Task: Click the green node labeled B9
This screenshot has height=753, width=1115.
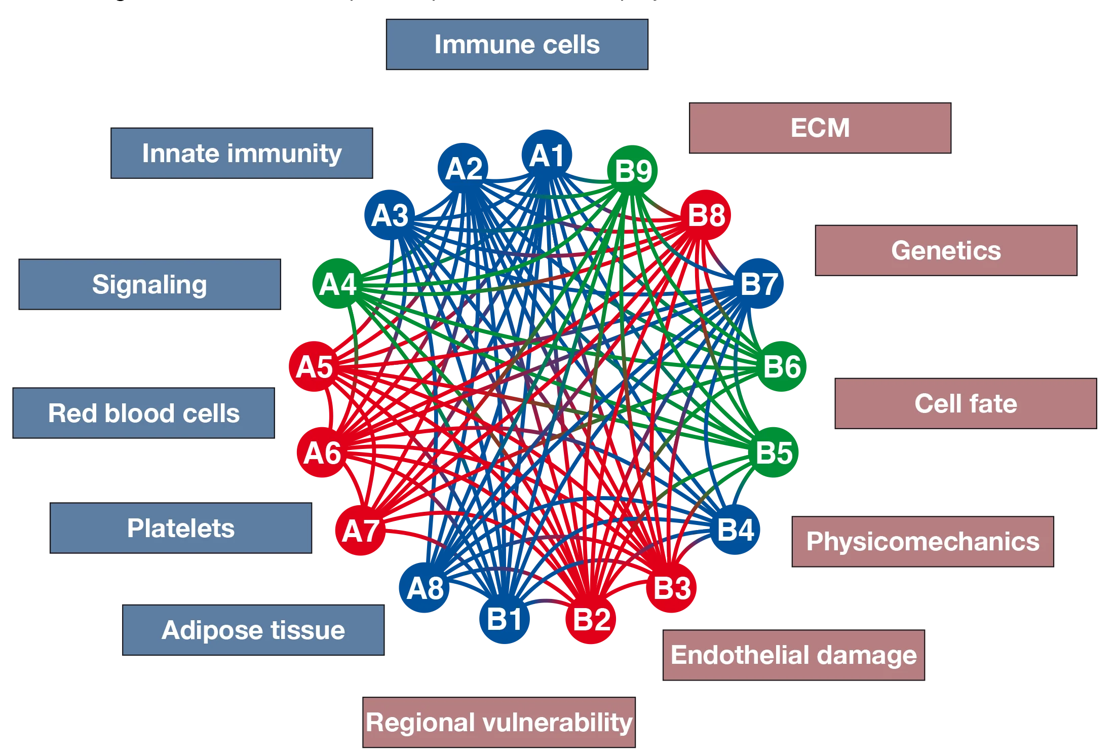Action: tap(633, 170)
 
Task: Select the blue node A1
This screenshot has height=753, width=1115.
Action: tap(547, 155)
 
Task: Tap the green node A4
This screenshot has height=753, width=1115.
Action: tap(338, 284)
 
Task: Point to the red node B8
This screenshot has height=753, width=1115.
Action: tap(706, 215)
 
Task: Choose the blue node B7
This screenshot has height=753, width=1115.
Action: tap(759, 284)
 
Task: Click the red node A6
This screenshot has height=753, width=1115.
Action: tap(322, 453)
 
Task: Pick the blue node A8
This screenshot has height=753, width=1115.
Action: tap(425, 588)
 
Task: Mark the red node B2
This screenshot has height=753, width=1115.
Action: tap(591, 619)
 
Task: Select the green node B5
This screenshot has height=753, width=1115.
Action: tap(774, 453)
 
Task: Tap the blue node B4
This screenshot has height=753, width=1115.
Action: tap(736, 530)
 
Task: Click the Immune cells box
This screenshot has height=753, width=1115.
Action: tap(517, 44)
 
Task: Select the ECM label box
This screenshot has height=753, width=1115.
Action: tap(820, 128)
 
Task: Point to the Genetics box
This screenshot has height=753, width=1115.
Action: tap(946, 250)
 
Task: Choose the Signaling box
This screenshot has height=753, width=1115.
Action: tap(149, 284)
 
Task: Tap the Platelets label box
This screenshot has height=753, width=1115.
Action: tap(181, 528)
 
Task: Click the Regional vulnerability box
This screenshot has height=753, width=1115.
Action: tap(499, 722)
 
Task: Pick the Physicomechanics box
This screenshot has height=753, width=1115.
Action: tap(922, 541)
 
